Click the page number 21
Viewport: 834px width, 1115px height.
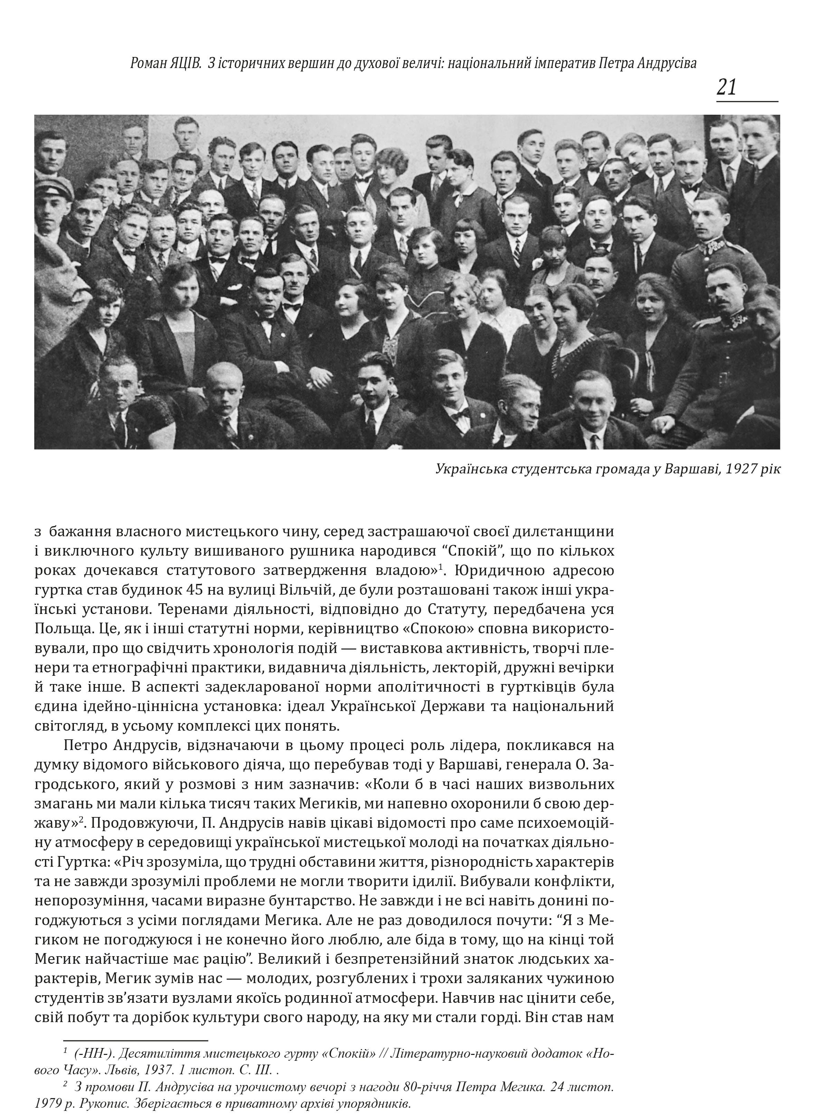(x=727, y=88)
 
